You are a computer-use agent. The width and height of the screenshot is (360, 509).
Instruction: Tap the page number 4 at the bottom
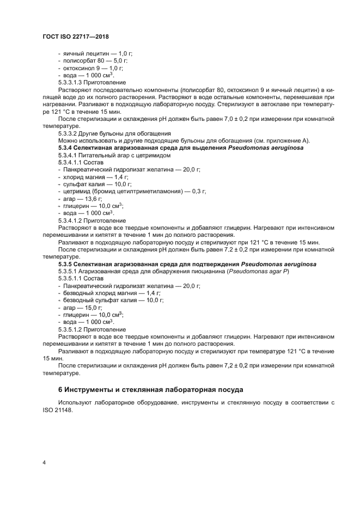tap(44, 462)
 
